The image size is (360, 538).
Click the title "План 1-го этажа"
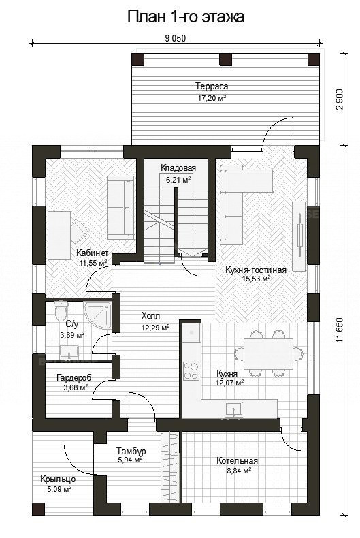tap(186, 17)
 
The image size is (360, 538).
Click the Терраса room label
tap(211, 86)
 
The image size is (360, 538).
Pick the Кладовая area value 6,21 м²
tap(178, 180)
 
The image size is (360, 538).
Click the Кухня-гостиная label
tap(256, 270)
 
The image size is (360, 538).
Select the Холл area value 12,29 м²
tap(156, 328)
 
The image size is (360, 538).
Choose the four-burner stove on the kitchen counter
tap(191, 372)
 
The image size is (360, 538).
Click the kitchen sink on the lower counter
tap(233, 409)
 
